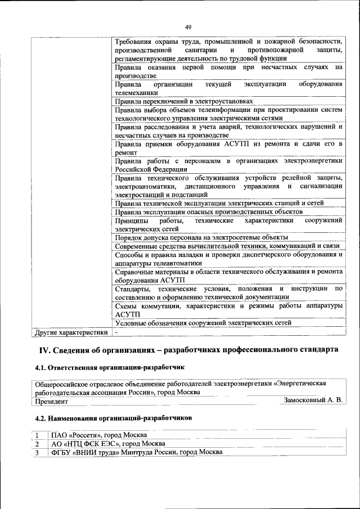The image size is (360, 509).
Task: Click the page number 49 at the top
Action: click(188, 26)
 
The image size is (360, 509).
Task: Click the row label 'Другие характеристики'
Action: click(70, 332)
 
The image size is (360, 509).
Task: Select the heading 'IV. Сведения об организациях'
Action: click(188, 350)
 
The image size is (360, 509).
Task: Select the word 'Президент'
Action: click(52, 402)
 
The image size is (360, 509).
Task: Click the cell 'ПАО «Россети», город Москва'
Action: click(99, 435)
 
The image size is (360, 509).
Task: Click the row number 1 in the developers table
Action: click(37, 435)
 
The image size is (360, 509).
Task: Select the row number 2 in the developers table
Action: click(37, 444)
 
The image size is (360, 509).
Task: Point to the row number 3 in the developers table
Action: click(37, 452)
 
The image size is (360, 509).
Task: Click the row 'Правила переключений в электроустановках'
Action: click(183, 101)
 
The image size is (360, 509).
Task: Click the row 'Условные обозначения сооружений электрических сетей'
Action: click(203, 323)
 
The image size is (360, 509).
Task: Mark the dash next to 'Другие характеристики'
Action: click(116, 332)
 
